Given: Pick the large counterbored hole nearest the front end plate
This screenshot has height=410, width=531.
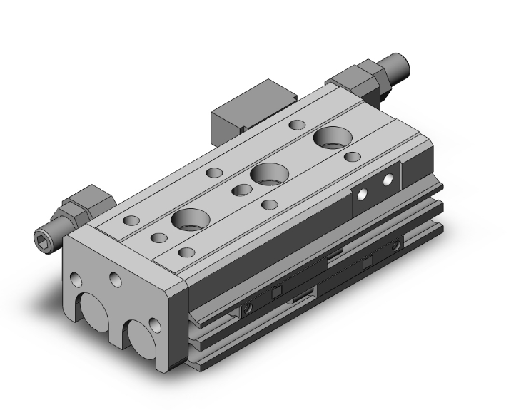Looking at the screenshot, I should [x=190, y=220].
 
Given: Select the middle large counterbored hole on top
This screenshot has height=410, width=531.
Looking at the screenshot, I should [x=268, y=173].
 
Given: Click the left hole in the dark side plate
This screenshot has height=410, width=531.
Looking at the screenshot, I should [x=364, y=193].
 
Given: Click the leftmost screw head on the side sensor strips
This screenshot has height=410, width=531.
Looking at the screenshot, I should [x=247, y=308].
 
